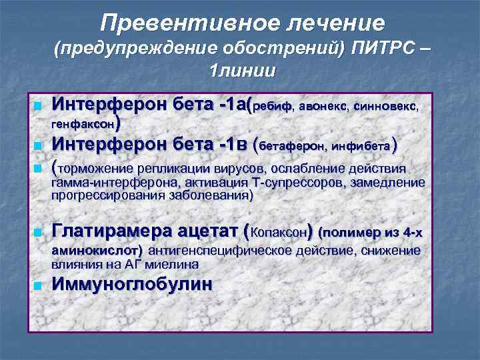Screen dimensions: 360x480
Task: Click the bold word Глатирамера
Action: click(x=113, y=232)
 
